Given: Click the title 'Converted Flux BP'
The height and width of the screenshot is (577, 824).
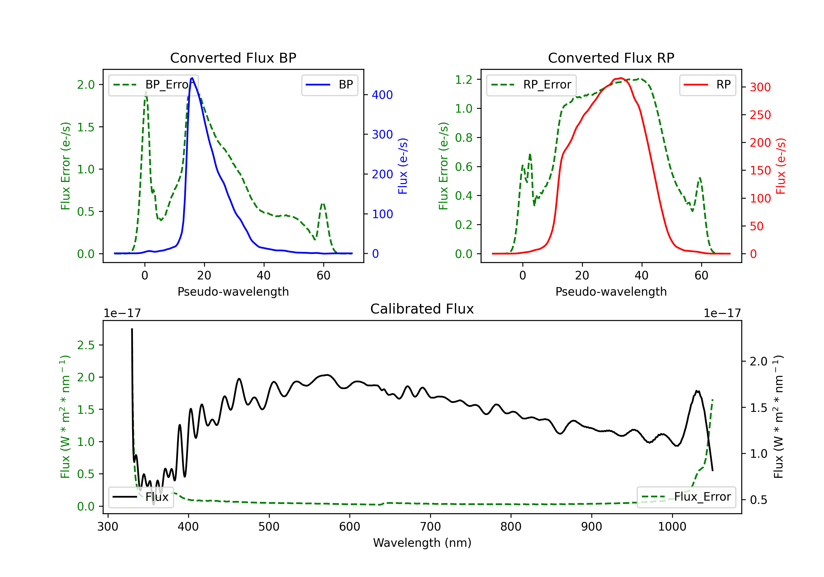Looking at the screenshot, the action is coord(233,58).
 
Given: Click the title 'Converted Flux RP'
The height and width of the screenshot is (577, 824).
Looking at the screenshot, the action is coord(611,58).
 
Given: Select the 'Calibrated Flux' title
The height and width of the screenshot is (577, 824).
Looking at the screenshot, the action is coord(422,309).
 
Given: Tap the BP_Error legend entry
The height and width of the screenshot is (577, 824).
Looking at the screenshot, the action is coord(153,85).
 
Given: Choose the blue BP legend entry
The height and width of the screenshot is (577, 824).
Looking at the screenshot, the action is coord(329,85).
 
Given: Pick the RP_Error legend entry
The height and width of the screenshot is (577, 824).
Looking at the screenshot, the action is coord(531,85).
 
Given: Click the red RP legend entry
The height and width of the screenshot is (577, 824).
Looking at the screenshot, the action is coord(707,85).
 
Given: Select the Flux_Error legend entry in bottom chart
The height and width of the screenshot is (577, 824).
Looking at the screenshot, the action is coord(686,497).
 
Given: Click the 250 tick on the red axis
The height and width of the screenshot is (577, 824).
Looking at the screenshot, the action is coord(760,115).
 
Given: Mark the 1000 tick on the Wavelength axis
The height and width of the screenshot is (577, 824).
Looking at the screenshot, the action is coord(672,527).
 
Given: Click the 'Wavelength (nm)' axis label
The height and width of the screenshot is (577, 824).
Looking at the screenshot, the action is coord(422,543).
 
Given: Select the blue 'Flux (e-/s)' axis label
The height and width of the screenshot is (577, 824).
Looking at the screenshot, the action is coord(403,166).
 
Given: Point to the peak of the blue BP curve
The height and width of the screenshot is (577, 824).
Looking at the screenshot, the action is coord(192,78).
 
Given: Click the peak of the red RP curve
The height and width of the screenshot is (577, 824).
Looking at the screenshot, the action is coord(620,78).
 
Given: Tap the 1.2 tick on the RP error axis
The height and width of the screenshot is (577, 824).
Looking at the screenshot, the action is coord(464,79).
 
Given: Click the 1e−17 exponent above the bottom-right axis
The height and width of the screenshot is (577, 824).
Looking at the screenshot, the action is coord(722,313).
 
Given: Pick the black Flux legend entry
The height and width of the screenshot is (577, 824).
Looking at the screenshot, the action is coord(140,497).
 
